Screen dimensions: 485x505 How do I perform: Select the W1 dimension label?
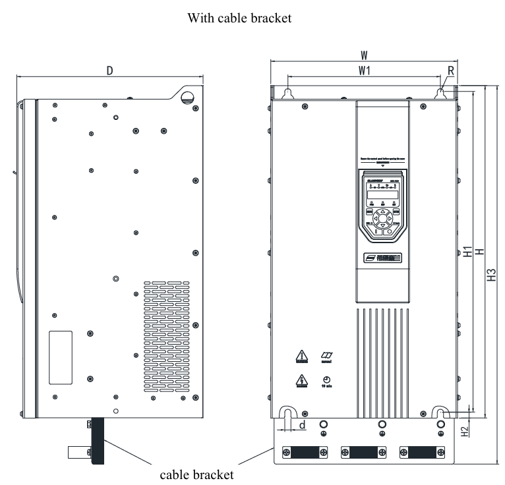coord(363,70)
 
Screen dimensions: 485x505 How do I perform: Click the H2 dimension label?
coord(465,432)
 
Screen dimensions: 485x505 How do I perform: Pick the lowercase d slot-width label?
coord(302,425)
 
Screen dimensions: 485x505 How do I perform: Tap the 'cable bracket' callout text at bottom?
coord(197,474)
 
